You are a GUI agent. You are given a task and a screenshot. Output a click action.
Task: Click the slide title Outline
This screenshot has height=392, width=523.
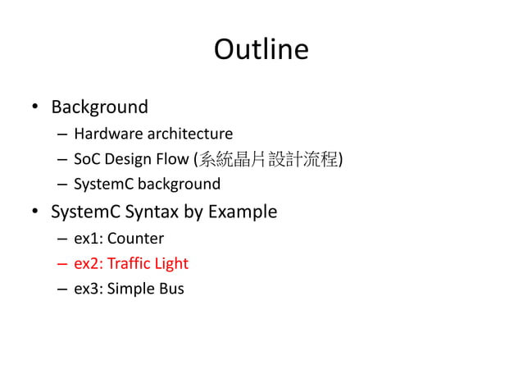click(x=261, y=50)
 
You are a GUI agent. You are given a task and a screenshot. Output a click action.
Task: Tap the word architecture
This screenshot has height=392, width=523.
click(x=188, y=134)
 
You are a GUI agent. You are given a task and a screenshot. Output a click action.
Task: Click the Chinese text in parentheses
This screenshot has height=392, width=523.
click(x=269, y=159)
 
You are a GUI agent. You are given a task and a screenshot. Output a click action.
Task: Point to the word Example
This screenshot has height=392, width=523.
click(x=242, y=212)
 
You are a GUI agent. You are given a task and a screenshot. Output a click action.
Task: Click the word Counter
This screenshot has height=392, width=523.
click(x=135, y=239)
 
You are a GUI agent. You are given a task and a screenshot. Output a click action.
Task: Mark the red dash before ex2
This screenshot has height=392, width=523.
click(x=63, y=264)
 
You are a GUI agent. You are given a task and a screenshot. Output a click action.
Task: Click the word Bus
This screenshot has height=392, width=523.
click(x=172, y=289)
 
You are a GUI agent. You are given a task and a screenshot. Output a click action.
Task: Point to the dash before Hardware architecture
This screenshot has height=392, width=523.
click(x=63, y=134)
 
